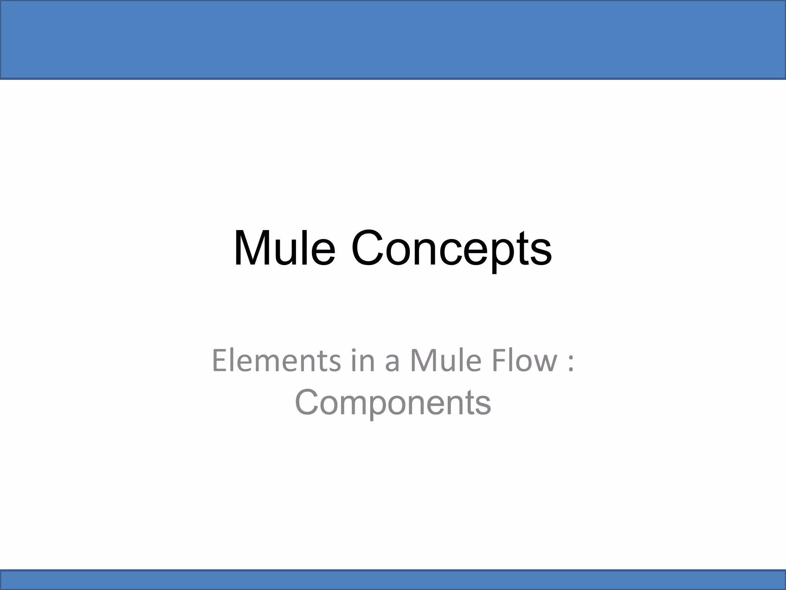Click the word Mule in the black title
click(x=284, y=248)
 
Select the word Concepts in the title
click(x=451, y=249)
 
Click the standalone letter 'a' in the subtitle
click(x=392, y=363)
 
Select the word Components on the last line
click(x=393, y=403)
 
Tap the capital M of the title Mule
click(x=252, y=248)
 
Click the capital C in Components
click(x=307, y=403)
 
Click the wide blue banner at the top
click(x=393, y=40)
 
